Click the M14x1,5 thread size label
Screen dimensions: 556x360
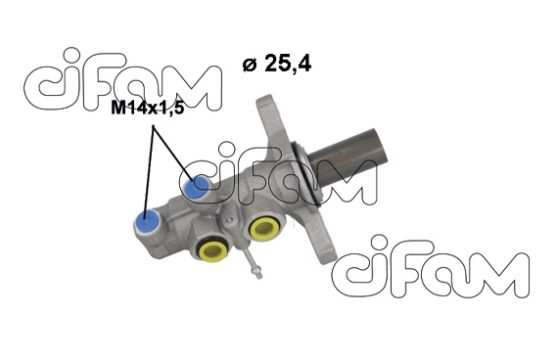pyautogui.click(x=148, y=108)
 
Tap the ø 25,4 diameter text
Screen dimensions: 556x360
pyautogui.click(x=277, y=64)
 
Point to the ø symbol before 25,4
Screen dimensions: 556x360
pyautogui.click(x=250, y=65)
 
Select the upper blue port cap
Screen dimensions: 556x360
pyautogui.click(x=196, y=187)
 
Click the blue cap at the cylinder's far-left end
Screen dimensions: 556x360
pyautogui.click(x=147, y=221)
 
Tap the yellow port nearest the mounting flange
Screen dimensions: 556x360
pyautogui.click(x=264, y=228)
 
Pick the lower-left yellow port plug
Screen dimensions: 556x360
pyautogui.click(x=212, y=250)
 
